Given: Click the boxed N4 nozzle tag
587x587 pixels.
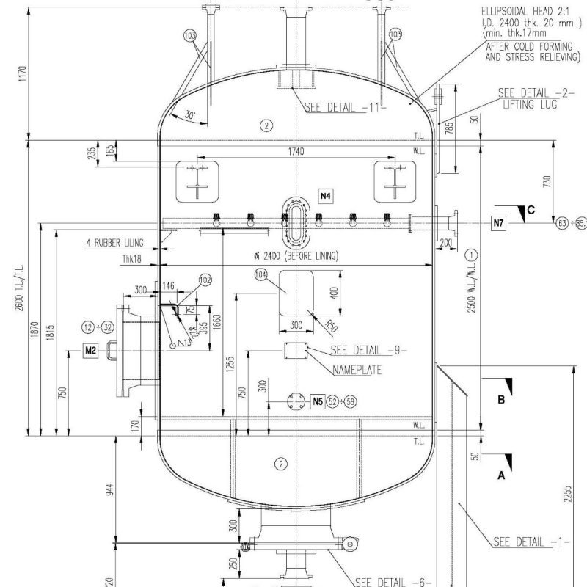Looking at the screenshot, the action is tap(326, 195).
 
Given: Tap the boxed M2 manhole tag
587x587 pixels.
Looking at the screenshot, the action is tap(90, 351).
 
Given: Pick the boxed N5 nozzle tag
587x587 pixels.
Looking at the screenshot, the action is tap(318, 401).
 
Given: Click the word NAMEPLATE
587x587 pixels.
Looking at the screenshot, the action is tap(357, 370).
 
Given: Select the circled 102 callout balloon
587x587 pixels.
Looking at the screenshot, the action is tap(205, 280).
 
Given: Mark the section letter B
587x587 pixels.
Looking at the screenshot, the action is tap(502, 400).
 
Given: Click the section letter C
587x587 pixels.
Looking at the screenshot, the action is tap(531, 211).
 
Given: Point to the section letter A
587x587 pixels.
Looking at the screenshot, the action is tap(502, 475).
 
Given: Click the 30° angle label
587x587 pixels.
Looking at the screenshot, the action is tap(190, 115).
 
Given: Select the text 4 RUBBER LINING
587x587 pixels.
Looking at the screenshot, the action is tap(114, 242).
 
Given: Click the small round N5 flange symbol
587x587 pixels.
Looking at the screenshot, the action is tap(298, 401).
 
